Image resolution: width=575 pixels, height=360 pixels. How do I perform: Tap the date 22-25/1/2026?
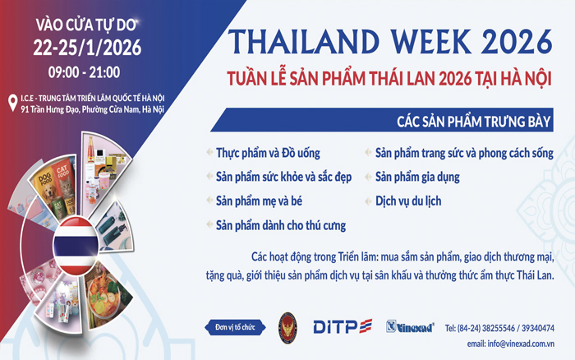coord(78,47)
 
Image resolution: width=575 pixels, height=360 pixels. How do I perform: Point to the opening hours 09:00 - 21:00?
coord(78,72)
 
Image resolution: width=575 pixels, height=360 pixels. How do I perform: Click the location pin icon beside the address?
coord(12,103)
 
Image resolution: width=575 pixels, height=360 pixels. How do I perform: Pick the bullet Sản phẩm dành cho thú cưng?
coord(280,224)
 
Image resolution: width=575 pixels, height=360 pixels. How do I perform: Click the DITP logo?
coord(343,327)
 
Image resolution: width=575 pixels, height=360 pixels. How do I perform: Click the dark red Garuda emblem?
coord(287,326)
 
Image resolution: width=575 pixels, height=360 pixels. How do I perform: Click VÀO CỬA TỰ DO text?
coord(78,22)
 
